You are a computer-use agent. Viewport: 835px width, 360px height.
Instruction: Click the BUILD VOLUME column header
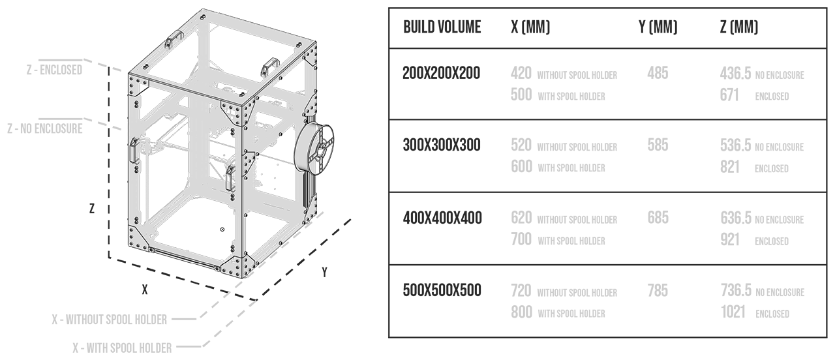(442, 27)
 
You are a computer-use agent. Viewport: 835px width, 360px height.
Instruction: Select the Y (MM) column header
(658, 27)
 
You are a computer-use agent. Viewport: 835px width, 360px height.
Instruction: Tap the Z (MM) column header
(739, 27)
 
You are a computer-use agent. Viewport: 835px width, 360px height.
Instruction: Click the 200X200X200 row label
(441, 73)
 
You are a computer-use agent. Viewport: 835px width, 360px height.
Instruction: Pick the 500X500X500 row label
(442, 290)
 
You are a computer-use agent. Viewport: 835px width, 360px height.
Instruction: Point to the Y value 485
(658, 73)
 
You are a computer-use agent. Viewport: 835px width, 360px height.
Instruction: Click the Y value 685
(658, 217)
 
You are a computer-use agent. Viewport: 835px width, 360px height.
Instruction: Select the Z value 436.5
(736, 74)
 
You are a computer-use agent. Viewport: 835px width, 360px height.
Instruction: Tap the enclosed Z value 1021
(733, 312)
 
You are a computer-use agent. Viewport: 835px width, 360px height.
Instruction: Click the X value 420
(521, 74)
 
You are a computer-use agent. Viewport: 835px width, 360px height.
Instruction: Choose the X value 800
(521, 312)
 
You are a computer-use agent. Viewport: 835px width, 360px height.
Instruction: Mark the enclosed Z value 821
(729, 168)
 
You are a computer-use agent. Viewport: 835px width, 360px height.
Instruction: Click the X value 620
(521, 218)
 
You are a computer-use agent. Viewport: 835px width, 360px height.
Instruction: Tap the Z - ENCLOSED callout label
(54, 69)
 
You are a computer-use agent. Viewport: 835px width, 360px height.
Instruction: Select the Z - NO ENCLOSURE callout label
(44, 128)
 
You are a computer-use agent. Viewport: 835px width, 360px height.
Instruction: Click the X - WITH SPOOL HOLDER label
(122, 348)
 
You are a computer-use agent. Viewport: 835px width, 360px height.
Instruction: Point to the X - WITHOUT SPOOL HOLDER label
(110, 320)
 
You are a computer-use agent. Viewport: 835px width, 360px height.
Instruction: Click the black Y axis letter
(324, 273)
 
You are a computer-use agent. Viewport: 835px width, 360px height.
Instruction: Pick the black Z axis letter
(92, 209)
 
